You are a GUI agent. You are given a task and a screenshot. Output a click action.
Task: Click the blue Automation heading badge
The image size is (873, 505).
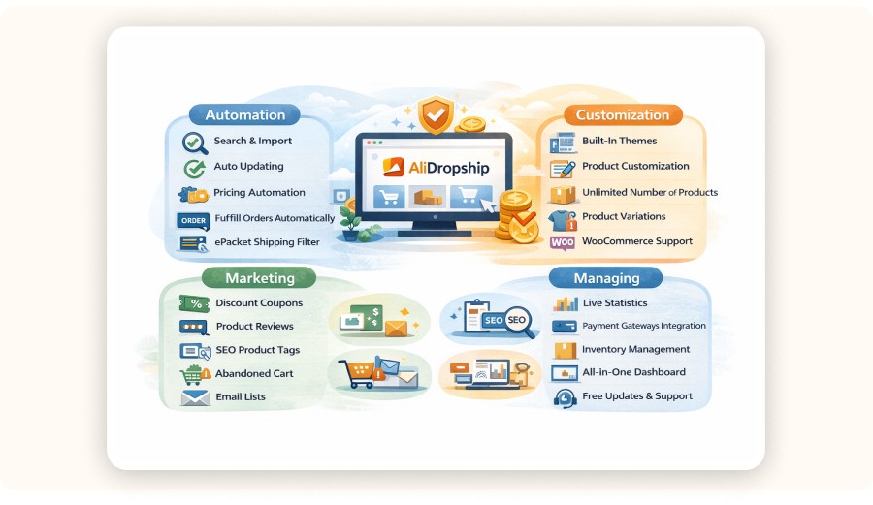pyautogui.click(x=244, y=114)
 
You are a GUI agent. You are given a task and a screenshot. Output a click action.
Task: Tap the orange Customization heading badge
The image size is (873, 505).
pyautogui.click(x=623, y=114)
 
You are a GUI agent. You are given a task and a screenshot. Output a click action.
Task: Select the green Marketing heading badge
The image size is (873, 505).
pyautogui.click(x=259, y=277)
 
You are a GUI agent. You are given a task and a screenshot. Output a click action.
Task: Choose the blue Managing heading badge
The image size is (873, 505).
pyautogui.click(x=606, y=277)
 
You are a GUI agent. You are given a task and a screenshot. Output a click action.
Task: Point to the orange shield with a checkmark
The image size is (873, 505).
pyautogui.click(x=436, y=114)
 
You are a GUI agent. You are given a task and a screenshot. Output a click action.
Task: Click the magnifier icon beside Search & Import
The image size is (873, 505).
pyautogui.click(x=195, y=142)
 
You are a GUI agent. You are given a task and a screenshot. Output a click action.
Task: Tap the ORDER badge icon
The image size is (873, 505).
pyautogui.click(x=193, y=220)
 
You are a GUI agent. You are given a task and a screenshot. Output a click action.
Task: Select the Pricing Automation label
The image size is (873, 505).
pyautogui.click(x=259, y=193)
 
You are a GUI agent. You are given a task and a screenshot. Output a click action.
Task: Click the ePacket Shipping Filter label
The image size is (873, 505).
pyautogui.click(x=268, y=242)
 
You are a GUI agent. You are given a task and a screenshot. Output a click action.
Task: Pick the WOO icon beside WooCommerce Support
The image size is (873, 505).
pyautogui.click(x=563, y=242)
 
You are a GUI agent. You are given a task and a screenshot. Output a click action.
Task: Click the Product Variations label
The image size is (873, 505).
pyautogui.click(x=624, y=216)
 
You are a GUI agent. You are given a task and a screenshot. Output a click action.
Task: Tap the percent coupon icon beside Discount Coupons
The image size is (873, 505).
pyautogui.click(x=194, y=303)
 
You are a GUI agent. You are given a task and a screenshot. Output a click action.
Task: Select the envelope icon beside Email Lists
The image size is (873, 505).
pyautogui.click(x=195, y=397)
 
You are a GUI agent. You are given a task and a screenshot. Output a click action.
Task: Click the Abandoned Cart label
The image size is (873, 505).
pyautogui.click(x=254, y=373)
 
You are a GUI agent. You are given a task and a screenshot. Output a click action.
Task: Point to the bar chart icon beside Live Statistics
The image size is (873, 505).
pyautogui.click(x=566, y=303)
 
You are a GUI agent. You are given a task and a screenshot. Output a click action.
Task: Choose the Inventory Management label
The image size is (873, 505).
pyautogui.click(x=635, y=349)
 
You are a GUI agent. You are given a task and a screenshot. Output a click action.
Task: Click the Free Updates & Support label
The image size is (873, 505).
pyautogui.click(x=637, y=396)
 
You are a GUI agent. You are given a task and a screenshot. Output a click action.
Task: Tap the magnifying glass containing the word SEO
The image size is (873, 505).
pyautogui.click(x=518, y=322)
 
